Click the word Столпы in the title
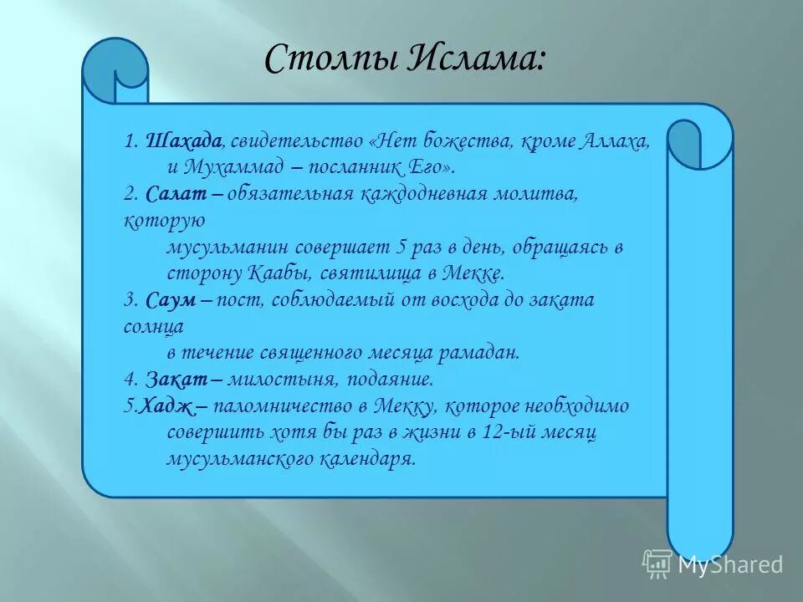tap(312, 59)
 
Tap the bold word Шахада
tap(184, 140)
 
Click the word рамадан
tap(482, 353)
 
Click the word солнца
tap(151, 326)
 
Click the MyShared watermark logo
tap(713, 563)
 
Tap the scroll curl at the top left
tap(117, 70)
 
